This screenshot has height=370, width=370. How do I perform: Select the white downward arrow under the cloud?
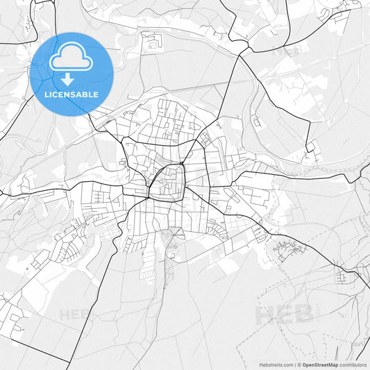click(67, 78)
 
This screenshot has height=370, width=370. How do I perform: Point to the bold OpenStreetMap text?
click(320, 364)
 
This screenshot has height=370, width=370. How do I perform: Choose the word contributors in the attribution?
click(353, 364)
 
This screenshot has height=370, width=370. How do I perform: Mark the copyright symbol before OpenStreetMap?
click(298, 364)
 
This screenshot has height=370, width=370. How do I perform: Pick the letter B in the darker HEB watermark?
click(303, 314)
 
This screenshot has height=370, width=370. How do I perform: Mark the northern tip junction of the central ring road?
click(178, 164)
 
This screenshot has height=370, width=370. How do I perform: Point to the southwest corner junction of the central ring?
click(148, 196)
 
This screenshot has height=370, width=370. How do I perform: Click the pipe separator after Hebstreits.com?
click(294, 364)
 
